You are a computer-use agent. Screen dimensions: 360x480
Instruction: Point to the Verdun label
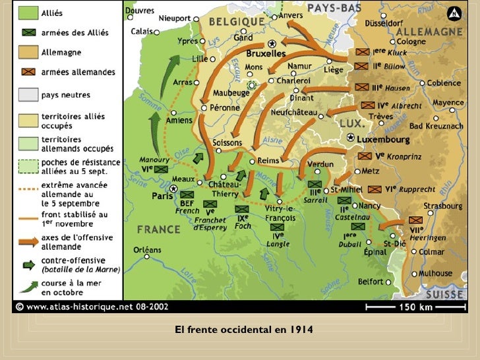pyautogui.click(x=320, y=164)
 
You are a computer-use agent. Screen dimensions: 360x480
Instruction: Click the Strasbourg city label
pyautogui.click(x=442, y=206)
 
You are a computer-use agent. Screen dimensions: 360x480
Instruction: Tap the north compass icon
pyautogui.click(x=454, y=14)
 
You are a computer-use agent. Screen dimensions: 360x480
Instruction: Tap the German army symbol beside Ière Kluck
pyautogui.click(x=361, y=51)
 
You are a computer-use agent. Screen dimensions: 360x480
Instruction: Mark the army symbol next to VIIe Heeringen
pyautogui.click(x=416, y=220)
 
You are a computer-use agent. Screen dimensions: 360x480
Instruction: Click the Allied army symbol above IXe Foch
pyautogui.click(x=242, y=209)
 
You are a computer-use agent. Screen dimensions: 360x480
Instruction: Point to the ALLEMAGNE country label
pyautogui.click(x=434, y=32)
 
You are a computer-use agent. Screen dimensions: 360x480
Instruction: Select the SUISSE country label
pyautogui.click(x=444, y=293)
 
